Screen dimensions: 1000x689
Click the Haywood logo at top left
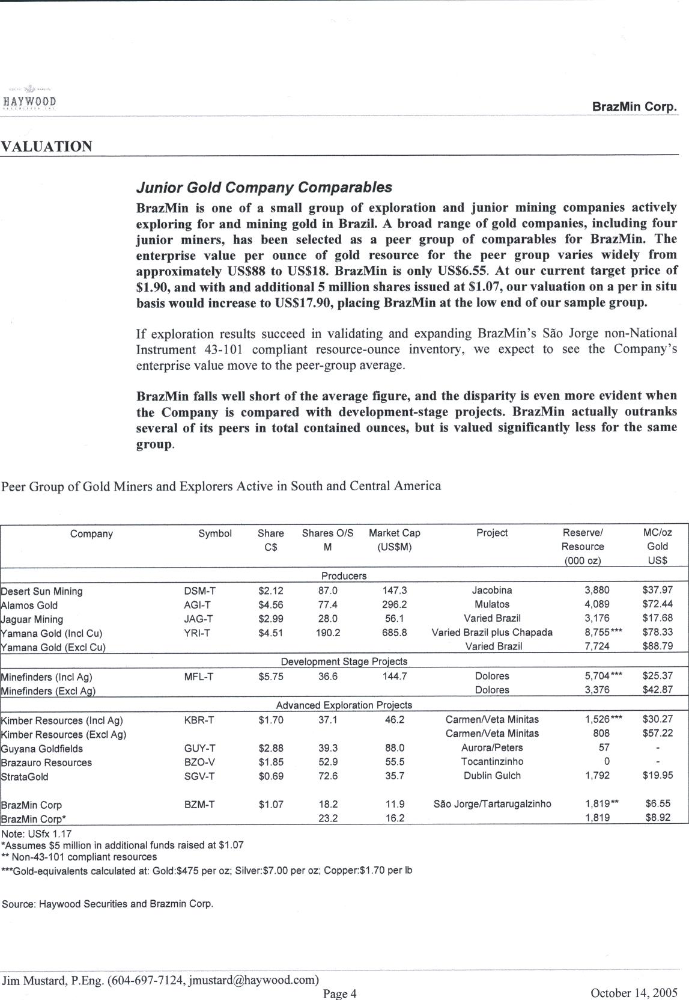(30, 101)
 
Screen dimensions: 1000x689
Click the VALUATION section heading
(47, 147)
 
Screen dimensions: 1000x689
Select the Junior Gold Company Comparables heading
(264, 188)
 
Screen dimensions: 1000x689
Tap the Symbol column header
(215, 533)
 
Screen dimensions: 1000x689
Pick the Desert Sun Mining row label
(42, 591)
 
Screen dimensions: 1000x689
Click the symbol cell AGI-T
(197, 605)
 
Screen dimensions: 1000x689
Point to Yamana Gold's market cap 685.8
(394, 633)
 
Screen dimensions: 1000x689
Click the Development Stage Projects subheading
(344, 661)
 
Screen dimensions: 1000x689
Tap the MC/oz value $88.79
(657, 646)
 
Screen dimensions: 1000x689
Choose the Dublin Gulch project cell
(492, 776)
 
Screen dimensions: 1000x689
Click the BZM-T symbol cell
(199, 805)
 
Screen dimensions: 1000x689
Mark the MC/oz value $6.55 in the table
(658, 804)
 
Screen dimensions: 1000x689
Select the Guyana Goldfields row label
(42, 749)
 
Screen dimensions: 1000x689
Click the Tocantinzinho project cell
(492, 762)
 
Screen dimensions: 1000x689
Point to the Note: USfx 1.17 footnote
(37, 834)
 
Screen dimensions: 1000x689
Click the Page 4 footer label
(340, 994)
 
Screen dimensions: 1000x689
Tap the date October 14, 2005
(634, 993)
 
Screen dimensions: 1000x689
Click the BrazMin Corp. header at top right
(634, 107)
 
